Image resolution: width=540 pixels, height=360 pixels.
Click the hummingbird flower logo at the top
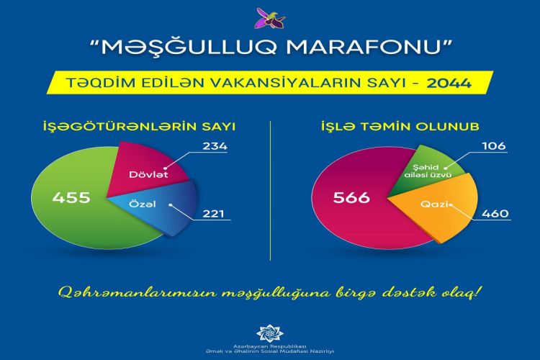coord(270,19)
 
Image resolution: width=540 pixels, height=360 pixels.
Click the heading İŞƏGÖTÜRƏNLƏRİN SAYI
coord(140,127)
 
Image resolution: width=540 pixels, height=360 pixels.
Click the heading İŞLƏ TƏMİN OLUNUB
coord(400,127)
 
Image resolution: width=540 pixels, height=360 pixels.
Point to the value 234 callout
coord(215,146)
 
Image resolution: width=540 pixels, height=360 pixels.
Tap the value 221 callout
coord(213,214)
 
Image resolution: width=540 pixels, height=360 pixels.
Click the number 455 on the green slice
coord(71,198)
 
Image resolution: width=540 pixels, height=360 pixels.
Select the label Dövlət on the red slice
coord(148,175)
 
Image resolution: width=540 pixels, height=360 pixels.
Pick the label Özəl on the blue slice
coord(143,204)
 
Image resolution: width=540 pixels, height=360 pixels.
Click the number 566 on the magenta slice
coord(351,198)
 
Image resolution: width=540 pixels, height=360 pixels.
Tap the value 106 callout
coord(494,146)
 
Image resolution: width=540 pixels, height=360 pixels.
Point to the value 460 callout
coord(495,214)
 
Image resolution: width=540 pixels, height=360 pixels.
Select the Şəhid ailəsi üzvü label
coord(428,171)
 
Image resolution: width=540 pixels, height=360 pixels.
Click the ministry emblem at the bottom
coord(270,333)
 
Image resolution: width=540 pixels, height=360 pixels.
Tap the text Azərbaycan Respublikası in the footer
coord(270,346)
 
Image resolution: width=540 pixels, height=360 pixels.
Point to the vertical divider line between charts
coord(270,191)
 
